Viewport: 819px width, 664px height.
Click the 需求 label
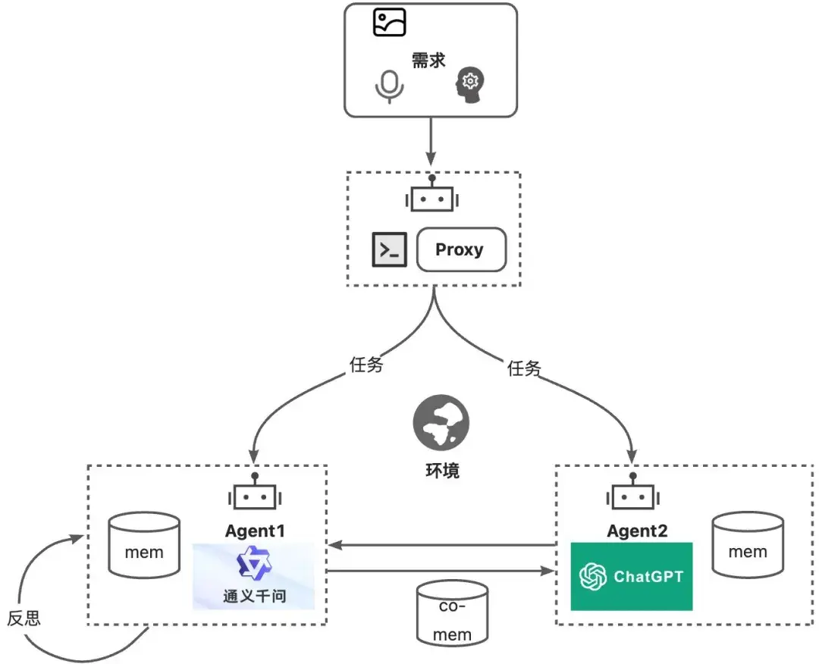point(428,61)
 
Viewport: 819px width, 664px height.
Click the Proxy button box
point(460,249)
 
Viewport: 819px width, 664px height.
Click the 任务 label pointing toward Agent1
point(366,365)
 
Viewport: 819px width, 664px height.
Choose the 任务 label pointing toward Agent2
point(525,369)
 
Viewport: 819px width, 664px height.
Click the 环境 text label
point(441,470)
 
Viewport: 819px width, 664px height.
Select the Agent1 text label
point(255,531)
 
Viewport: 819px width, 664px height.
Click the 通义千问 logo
point(254,576)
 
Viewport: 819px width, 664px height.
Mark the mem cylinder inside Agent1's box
point(144,546)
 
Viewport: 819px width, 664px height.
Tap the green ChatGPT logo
point(632,576)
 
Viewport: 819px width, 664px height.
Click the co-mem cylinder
point(452,612)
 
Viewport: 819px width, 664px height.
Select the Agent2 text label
point(637,531)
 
